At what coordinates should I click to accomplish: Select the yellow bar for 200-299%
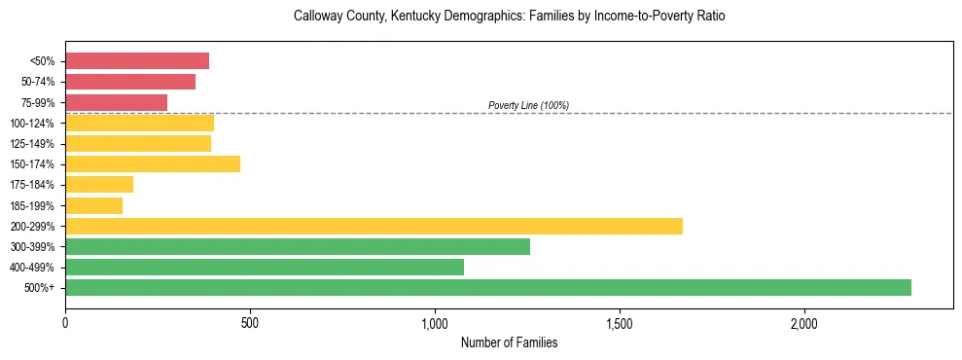(x=374, y=226)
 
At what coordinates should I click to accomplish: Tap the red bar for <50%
(x=137, y=61)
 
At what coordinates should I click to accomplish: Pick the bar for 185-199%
(x=93, y=205)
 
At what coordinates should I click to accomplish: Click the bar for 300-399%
(x=298, y=246)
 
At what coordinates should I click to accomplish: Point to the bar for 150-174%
(x=153, y=164)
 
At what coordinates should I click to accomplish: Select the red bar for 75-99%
(x=116, y=102)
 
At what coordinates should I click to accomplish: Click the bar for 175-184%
(x=99, y=185)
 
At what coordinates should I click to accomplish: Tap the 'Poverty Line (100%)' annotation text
(x=528, y=105)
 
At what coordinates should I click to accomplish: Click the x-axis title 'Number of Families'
(x=509, y=342)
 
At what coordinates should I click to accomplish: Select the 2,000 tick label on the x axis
(x=804, y=322)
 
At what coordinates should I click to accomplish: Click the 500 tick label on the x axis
(x=250, y=322)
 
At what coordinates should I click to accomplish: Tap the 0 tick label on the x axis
(x=65, y=322)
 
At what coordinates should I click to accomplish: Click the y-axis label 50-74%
(x=38, y=82)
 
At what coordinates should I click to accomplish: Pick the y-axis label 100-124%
(x=33, y=124)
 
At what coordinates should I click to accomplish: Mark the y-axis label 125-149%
(x=33, y=144)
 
